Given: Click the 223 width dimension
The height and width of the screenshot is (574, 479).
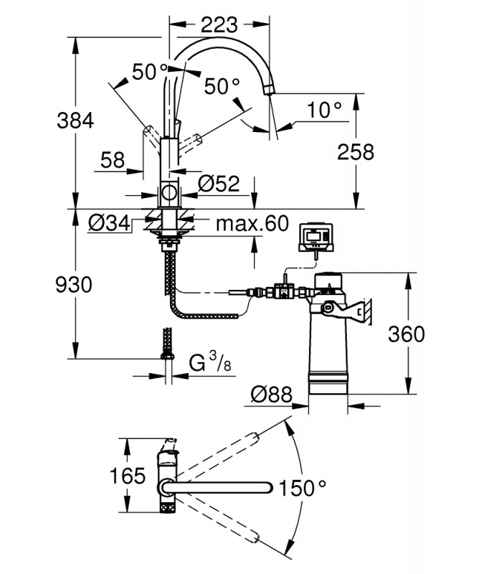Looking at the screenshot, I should [x=218, y=24].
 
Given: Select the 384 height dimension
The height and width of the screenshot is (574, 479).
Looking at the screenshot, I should [x=76, y=121].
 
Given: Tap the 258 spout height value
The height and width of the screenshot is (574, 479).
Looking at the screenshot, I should [x=356, y=151].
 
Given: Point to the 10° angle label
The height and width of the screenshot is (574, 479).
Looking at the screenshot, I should [x=324, y=110].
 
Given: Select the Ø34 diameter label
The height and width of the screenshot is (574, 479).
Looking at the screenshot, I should [x=109, y=224].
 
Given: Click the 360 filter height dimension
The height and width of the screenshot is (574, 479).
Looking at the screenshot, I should [x=406, y=334].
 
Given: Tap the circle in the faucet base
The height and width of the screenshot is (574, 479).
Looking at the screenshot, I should [x=169, y=193].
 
